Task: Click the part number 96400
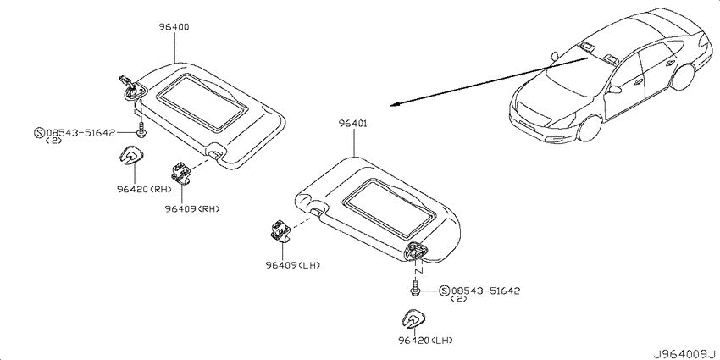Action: pyautogui.click(x=174, y=27)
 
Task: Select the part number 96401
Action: pyautogui.click(x=353, y=124)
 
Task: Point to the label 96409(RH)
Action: pyautogui.click(x=192, y=209)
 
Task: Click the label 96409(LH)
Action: pyautogui.click(x=292, y=265)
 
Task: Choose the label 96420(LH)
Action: pyautogui.click(x=426, y=341)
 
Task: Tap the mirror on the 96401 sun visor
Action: pyautogui.click(x=389, y=208)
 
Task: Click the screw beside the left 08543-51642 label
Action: pyautogui.click(x=141, y=129)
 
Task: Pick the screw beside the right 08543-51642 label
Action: pyautogui.click(x=415, y=290)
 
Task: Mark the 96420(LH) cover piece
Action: pyautogui.click(x=415, y=318)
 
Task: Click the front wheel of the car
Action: pyautogui.click(x=590, y=127)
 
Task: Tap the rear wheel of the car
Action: pyautogui.click(x=684, y=76)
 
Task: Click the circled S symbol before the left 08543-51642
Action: pyautogui.click(x=39, y=133)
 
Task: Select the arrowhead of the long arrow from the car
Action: pyautogui.click(x=395, y=104)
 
